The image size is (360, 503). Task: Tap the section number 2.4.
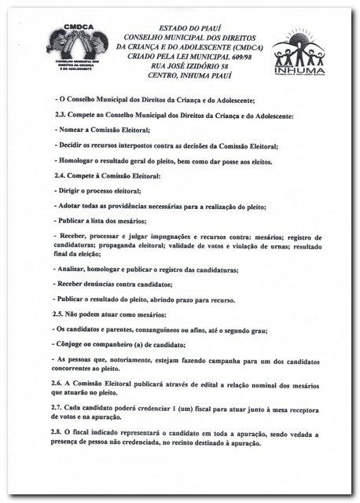coord(58,177)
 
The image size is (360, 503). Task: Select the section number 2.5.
coord(58,313)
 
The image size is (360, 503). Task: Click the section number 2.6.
coord(58,377)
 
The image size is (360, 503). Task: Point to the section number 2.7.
coord(58,409)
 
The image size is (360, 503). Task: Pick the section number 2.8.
coord(58,432)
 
